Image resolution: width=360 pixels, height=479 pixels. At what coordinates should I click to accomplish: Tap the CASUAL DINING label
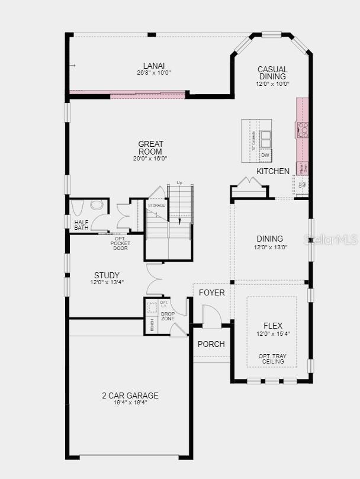(x=272, y=73)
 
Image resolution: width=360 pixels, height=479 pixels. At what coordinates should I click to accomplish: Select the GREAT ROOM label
(x=150, y=147)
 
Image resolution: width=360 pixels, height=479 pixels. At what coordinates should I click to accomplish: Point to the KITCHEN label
(x=273, y=171)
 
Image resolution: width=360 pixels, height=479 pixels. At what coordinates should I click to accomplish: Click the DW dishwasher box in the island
(x=265, y=155)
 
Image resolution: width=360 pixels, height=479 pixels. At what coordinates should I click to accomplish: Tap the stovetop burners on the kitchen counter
(x=303, y=130)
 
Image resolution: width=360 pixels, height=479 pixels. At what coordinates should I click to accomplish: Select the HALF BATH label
(x=82, y=226)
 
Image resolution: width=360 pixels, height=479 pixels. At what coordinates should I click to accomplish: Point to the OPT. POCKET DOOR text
(x=120, y=244)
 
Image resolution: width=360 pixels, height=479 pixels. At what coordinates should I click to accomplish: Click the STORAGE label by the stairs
(x=156, y=205)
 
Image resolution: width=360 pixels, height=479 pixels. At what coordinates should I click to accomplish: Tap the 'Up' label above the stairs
(x=179, y=183)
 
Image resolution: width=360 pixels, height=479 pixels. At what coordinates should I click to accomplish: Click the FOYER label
(x=211, y=292)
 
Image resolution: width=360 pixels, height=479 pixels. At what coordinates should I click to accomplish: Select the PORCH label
(x=211, y=344)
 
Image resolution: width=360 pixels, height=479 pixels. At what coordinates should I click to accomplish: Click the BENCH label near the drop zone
(x=152, y=325)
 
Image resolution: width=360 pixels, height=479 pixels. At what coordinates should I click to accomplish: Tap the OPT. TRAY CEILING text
(x=272, y=359)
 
